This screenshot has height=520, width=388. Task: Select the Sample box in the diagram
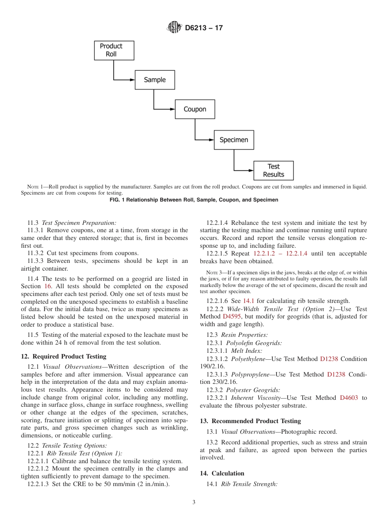tap(155, 80)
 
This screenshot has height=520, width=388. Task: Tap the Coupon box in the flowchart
tap(195, 109)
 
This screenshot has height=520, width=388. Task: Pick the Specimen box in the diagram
tap(234, 140)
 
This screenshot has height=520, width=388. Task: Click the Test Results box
tap(273, 170)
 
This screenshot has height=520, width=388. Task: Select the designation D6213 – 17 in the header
tap(204, 28)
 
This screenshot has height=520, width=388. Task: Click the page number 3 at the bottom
tap(194, 502)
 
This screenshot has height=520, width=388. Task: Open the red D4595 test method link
tap(232, 316)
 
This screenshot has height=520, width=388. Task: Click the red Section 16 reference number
tap(48, 286)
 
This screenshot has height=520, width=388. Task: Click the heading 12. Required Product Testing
tap(63, 356)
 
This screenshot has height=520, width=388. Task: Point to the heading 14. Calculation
tap(222, 473)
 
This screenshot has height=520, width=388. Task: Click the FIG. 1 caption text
tap(194, 200)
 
